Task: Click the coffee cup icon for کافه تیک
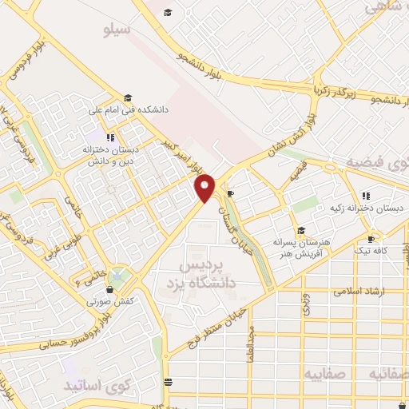pyautogui.click(x=371, y=239)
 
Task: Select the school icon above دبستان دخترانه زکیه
pyautogui.click(x=366, y=195)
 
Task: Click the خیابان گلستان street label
pyautogui.click(x=234, y=213)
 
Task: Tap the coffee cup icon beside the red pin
pyautogui.click(x=230, y=193)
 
